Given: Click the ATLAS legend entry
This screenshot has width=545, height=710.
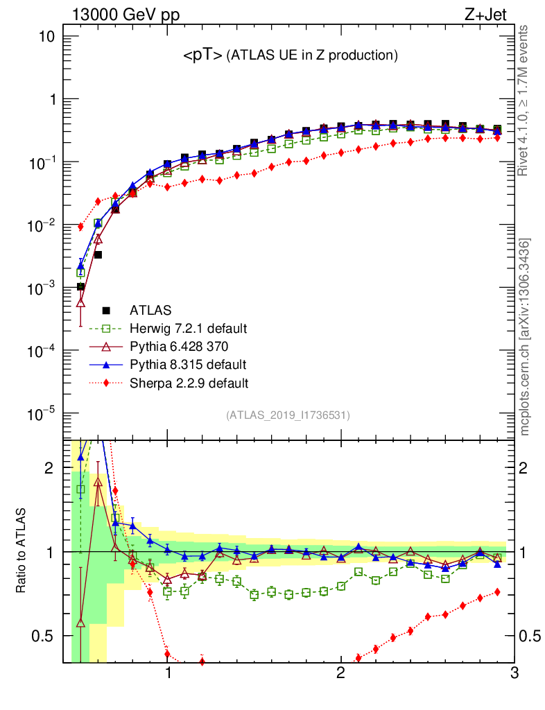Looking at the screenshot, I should [152, 310].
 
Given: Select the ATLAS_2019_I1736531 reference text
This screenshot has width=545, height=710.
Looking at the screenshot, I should [288, 415].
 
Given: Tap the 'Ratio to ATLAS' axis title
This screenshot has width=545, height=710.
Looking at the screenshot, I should [23, 550].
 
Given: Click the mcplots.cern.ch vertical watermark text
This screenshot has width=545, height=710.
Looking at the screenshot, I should [525, 338].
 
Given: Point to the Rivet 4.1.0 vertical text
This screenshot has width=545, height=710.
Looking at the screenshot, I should [525, 101].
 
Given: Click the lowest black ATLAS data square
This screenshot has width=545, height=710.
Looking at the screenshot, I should [80, 287].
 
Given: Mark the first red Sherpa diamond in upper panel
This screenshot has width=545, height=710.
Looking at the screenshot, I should [80, 227].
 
